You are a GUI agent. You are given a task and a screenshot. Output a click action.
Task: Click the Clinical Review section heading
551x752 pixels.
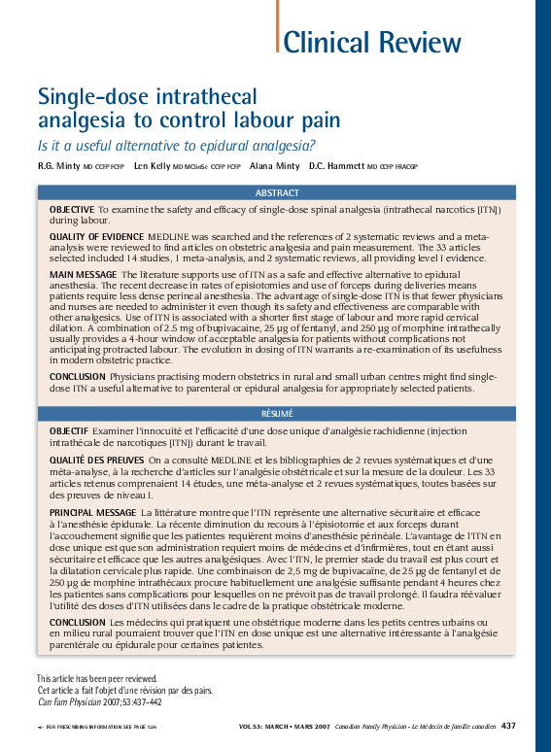pyautogui.click(x=372, y=43)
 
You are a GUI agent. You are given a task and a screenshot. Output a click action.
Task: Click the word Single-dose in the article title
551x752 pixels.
pyautogui.click(x=91, y=97)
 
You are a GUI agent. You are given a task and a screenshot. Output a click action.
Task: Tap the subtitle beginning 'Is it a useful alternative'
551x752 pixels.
pyautogui.click(x=176, y=147)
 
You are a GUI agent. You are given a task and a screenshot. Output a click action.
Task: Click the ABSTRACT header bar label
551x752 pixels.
pyautogui.click(x=277, y=193)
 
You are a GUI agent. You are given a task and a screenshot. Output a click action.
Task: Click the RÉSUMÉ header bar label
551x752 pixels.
pyautogui.click(x=277, y=413)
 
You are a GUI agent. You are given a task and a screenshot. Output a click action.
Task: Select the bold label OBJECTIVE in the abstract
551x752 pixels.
pyautogui.click(x=71, y=210)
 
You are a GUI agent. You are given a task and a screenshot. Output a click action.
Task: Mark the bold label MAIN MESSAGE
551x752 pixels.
pyautogui.click(x=82, y=277)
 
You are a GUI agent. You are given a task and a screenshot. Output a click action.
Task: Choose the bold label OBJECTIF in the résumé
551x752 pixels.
pyautogui.click(x=70, y=430)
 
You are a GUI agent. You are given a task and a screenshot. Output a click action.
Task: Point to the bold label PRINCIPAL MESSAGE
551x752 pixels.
pyautogui.click(x=92, y=511)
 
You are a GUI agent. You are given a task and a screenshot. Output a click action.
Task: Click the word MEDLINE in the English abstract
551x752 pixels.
pyautogui.click(x=166, y=237)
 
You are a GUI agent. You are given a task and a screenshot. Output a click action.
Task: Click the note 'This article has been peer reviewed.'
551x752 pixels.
pyautogui.click(x=96, y=678)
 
